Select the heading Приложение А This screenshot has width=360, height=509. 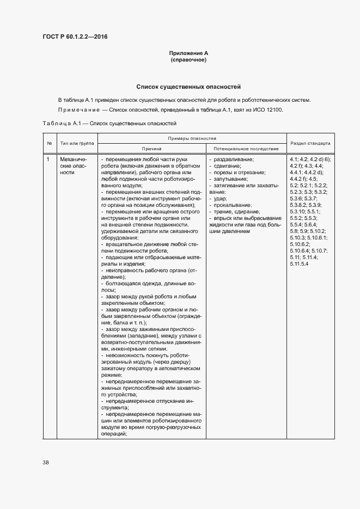tap(188, 53)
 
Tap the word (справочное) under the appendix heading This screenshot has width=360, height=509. tap(188, 60)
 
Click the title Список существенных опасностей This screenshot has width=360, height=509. tap(188, 87)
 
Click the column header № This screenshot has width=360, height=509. tap(50, 143)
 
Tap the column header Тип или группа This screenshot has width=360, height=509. tap(77, 143)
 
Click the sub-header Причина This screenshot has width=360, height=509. tap(151, 148)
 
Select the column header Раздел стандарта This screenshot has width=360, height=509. tap(310, 143)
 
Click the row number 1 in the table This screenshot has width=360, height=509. tap(48, 159)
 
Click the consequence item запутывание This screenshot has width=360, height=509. tap(231, 179)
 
